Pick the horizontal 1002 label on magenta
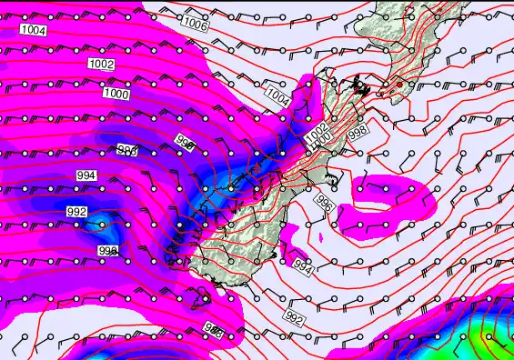click(x=102, y=64)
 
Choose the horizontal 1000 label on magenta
click(x=116, y=94)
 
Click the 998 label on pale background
click(x=358, y=132)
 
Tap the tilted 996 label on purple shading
click(x=185, y=143)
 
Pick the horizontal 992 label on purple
click(x=77, y=212)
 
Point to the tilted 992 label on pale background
click(x=293, y=318)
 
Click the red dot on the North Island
click(x=398, y=84)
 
